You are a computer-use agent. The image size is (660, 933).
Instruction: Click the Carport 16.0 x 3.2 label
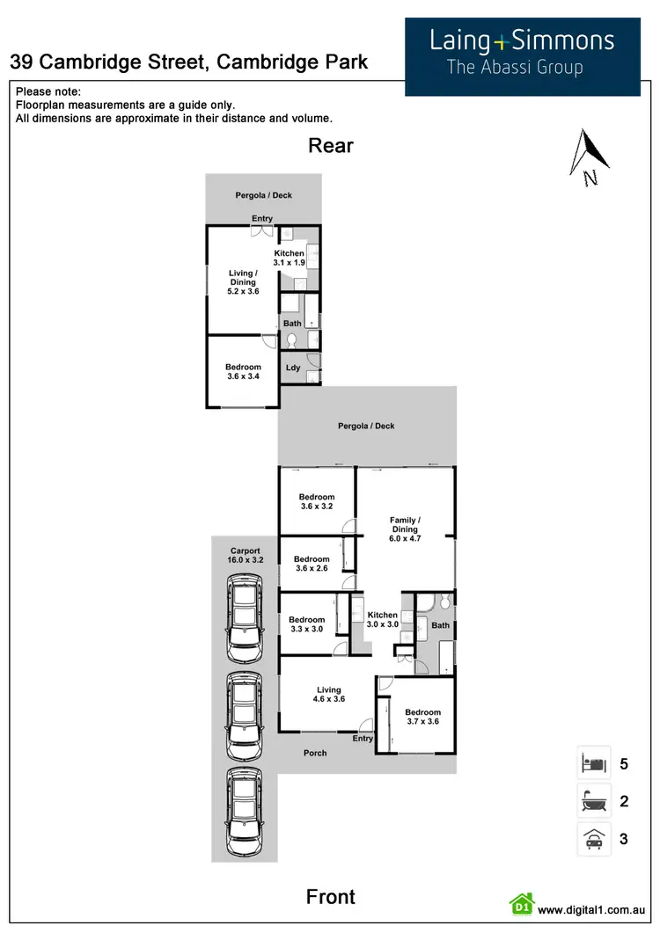pos(246,556)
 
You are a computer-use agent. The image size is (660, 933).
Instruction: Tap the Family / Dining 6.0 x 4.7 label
pos(405,525)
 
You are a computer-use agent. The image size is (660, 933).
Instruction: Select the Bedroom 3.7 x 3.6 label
pos(422,717)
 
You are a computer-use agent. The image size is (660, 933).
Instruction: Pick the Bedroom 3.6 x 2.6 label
pos(312,565)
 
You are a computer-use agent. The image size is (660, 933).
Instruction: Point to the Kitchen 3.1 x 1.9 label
pos(289,258)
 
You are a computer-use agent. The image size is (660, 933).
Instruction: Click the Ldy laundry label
pos(293,368)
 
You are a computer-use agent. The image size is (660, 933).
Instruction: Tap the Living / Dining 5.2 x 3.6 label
pos(242,282)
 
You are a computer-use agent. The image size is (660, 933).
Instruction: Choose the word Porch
pos(315,753)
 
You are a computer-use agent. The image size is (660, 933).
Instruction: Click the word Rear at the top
pos(330,145)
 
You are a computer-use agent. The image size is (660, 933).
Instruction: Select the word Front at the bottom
pos(331,896)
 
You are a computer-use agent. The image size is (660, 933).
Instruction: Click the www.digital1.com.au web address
pos(592,910)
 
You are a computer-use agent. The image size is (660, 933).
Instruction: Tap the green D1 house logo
pos(522,905)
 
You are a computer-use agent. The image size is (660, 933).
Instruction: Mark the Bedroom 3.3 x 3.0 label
pos(307,624)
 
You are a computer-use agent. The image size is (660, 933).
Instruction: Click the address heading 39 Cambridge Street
pos(188,62)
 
